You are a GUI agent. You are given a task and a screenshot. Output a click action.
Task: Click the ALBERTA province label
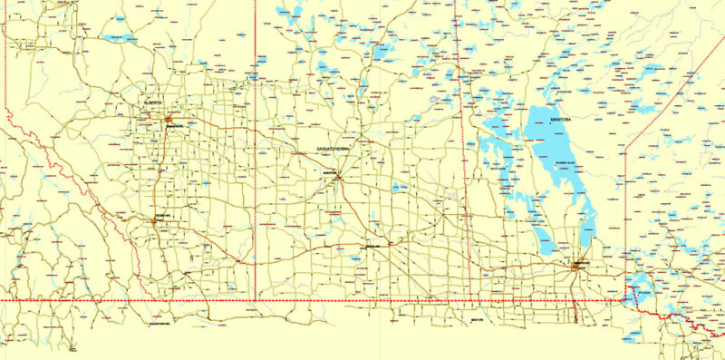click(x=152, y=103)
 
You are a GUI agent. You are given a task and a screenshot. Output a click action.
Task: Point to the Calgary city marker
click(x=155, y=219)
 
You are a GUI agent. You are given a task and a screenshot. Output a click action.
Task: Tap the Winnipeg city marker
click(x=576, y=266)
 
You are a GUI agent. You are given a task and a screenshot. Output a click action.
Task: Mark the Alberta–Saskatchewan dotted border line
click(x=256, y=181)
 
